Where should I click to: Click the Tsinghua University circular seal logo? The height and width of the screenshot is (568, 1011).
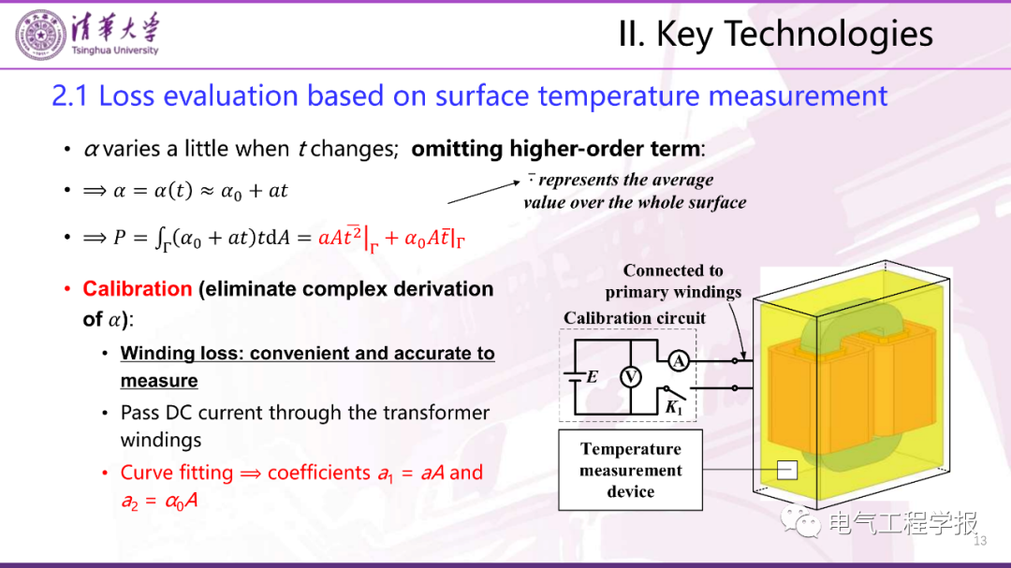pos(40,36)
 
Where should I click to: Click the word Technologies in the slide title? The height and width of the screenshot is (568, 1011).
pos(828,35)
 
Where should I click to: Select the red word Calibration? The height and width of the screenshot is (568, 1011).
pos(138,289)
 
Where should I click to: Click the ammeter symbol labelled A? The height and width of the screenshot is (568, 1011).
pos(678,361)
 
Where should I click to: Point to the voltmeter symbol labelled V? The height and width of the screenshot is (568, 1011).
pos(631,376)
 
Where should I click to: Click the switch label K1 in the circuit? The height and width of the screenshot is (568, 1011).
pos(674,407)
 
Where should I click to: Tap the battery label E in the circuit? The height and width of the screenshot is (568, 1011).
pos(592,376)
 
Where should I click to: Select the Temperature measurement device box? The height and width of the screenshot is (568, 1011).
pos(630,470)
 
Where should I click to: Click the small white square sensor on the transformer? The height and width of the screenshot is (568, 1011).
pos(786,470)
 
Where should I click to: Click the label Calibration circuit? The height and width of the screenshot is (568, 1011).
pos(635,318)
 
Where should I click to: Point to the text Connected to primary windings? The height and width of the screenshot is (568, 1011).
pos(673,281)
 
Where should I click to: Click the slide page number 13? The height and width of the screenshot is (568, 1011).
pos(980,540)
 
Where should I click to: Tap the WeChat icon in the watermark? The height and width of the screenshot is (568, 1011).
pos(800,521)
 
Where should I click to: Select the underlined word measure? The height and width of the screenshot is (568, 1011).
pos(158,381)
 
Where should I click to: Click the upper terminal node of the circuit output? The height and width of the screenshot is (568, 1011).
pos(735,361)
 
